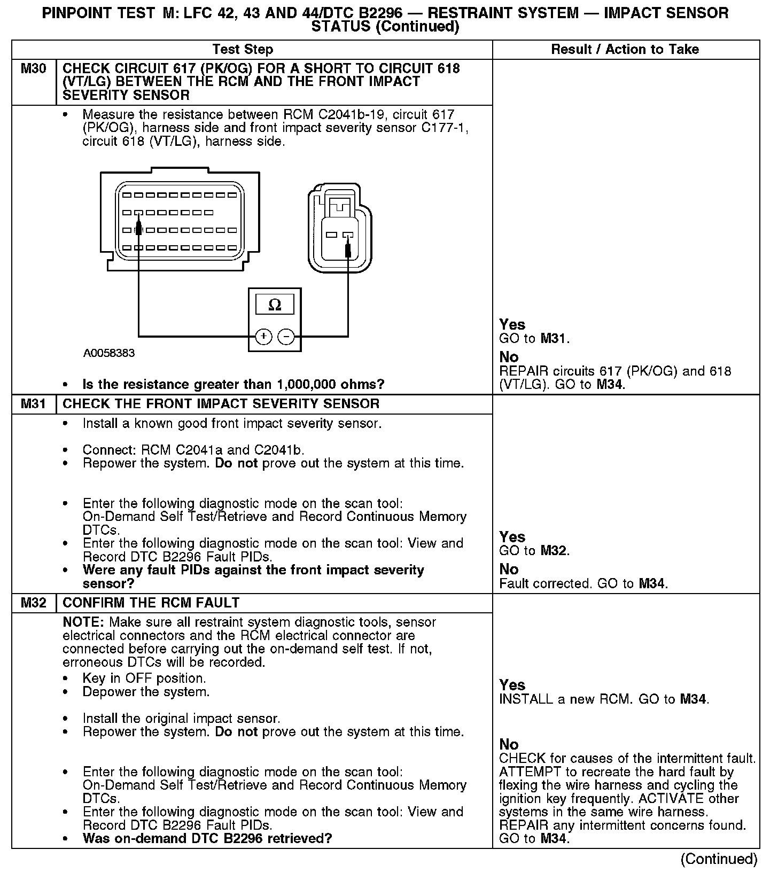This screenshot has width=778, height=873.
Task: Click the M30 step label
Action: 33,68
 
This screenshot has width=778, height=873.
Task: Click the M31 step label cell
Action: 33,404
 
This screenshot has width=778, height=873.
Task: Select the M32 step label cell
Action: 33,603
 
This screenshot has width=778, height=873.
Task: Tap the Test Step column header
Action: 243,50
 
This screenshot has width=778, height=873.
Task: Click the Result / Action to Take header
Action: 625,50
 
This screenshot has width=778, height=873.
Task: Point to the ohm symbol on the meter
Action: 275,305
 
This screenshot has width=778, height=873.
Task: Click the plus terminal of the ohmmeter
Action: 263,337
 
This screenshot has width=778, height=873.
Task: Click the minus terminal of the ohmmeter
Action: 286,337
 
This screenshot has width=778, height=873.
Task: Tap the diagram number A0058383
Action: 109,353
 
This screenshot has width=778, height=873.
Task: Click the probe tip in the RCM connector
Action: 138,229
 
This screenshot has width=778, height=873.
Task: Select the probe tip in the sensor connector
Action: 348,248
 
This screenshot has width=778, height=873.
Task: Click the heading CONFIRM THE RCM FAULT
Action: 151,603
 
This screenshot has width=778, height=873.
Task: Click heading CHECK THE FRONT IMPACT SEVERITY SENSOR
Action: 221,404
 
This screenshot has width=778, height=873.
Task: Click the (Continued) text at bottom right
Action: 719,859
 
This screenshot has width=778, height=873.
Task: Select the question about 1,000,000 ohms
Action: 233,385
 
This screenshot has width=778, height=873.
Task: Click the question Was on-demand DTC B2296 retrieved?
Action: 207,838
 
